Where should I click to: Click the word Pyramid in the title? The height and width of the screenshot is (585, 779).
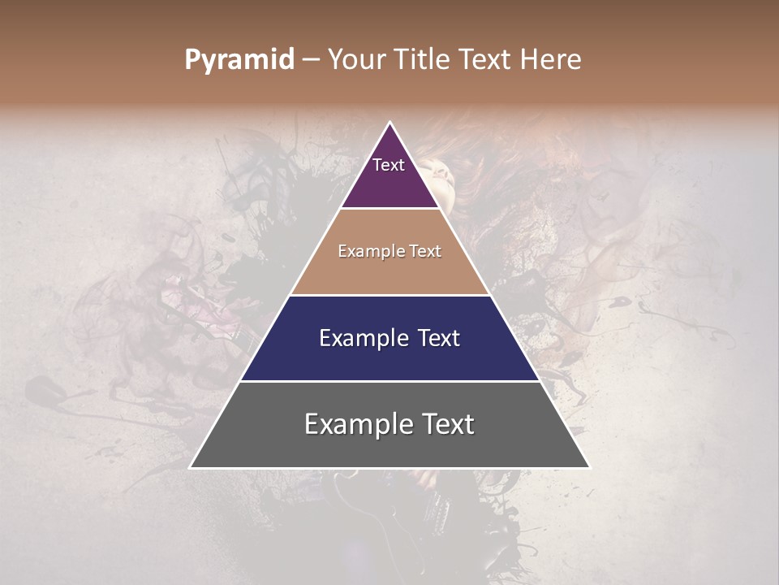click(239, 60)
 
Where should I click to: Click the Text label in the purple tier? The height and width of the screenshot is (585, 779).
click(388, 165)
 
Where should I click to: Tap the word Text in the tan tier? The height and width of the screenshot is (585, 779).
click(425, 252)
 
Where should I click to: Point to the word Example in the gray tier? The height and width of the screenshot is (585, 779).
click(354, 424)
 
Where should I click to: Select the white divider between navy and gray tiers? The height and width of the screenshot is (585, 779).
click(389, 381)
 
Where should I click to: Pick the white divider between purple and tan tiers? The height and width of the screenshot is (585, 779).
click(389, 209)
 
